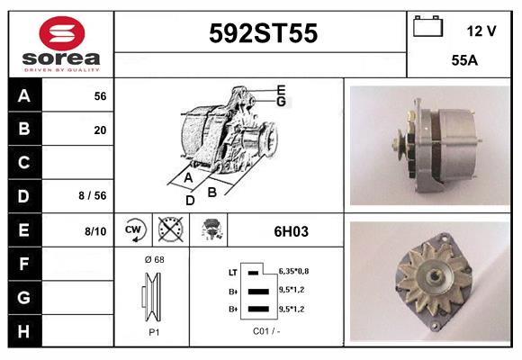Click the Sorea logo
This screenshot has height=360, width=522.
pos(61,44)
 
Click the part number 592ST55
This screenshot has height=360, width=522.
pos(263,33)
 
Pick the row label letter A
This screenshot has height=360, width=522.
pos(24,95)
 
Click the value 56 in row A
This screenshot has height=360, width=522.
pos(100,95)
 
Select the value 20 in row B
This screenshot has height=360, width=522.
pos(100,130)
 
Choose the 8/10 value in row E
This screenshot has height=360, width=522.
pos(95,231)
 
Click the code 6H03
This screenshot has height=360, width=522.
pos(291,231)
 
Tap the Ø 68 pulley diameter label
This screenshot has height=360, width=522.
pos(154,260)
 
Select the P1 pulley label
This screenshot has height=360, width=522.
pos(154,331)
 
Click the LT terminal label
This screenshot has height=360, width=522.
pos(233,271)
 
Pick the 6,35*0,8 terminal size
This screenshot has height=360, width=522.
pos(293,270)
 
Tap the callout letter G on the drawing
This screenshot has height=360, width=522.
pos(282,101)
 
